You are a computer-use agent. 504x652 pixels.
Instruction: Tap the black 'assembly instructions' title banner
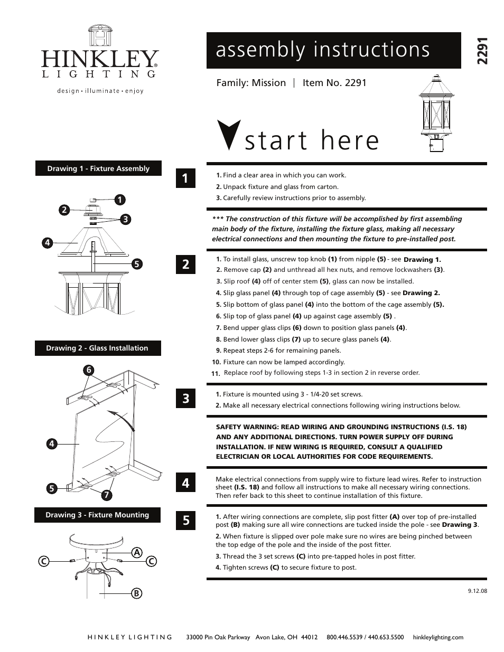[x=333, y=50]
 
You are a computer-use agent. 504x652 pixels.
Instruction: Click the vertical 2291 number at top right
[x=481, y=51]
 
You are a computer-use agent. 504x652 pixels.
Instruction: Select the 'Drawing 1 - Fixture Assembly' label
[x=98, y=169]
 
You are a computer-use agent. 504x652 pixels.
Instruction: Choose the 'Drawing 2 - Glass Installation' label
[x=97, y=348]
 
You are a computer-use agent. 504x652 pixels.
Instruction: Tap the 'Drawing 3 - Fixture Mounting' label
[x=97, y=515]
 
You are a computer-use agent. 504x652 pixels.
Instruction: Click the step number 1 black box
[x=185, y=178]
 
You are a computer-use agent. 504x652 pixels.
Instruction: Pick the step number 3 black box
[x=185, y=399]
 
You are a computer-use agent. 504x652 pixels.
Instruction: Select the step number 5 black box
[x=185, y=521]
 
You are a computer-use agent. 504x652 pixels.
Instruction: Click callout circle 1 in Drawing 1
[x=120, y=200]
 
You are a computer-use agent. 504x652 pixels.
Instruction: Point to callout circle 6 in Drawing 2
[x=89, y=370]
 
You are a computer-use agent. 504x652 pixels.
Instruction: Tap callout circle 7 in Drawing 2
[x=106, y=495]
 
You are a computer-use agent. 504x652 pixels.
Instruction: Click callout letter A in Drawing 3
[x=137, y=552]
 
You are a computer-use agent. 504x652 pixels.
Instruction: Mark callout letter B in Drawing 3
[x=136, y=593]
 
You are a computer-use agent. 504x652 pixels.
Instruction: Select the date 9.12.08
[x=477, y=591]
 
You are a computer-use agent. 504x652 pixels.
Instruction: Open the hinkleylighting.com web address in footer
[x=438, y=637]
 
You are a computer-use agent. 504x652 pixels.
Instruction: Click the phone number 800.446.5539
[x=344, y=637]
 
